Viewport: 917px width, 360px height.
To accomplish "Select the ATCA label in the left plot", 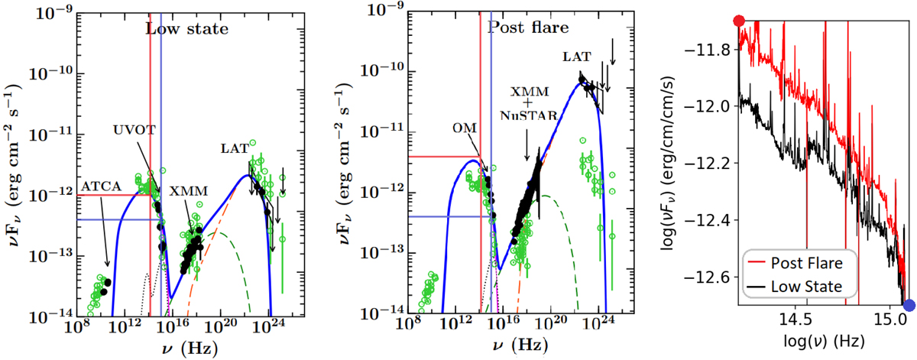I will coord(99,186).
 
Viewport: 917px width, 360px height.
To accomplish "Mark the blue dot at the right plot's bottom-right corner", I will coord(909,306).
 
